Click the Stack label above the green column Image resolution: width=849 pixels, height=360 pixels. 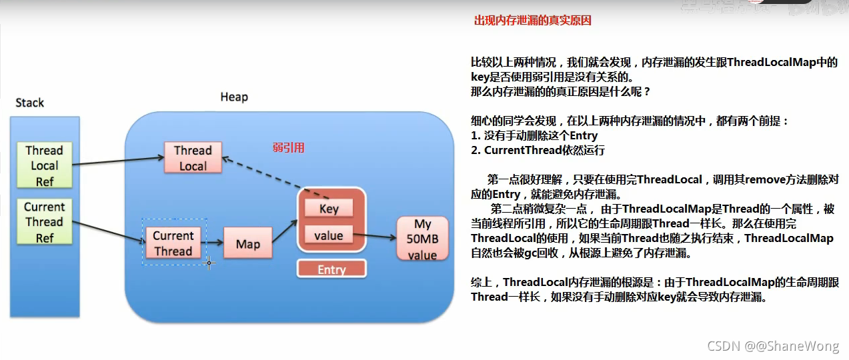point(30,103)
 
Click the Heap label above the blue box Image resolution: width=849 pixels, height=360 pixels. point(234,97)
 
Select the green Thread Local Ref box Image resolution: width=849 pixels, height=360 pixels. point(44,165)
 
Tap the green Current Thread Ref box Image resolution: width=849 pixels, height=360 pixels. point(44,222)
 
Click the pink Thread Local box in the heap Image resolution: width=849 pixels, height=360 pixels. point(193,158)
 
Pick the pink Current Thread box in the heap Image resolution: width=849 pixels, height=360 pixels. point(173,243)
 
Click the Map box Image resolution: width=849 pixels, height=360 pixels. point(247,244)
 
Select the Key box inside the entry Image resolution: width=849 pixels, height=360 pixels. point(329,209)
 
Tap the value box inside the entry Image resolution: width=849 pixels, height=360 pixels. point(329,235)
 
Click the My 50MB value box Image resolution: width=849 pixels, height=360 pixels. point(422,239)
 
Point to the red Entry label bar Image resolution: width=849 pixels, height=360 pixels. point(331,269)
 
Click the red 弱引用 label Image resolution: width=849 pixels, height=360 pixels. point(288,147)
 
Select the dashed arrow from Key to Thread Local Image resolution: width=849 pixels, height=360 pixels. point(273,178)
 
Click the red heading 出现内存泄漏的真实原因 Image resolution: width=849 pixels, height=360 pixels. point(532,21)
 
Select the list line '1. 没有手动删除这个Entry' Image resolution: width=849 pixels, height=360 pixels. point(534,136)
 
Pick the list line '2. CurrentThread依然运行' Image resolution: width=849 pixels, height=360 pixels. point(538,150)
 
